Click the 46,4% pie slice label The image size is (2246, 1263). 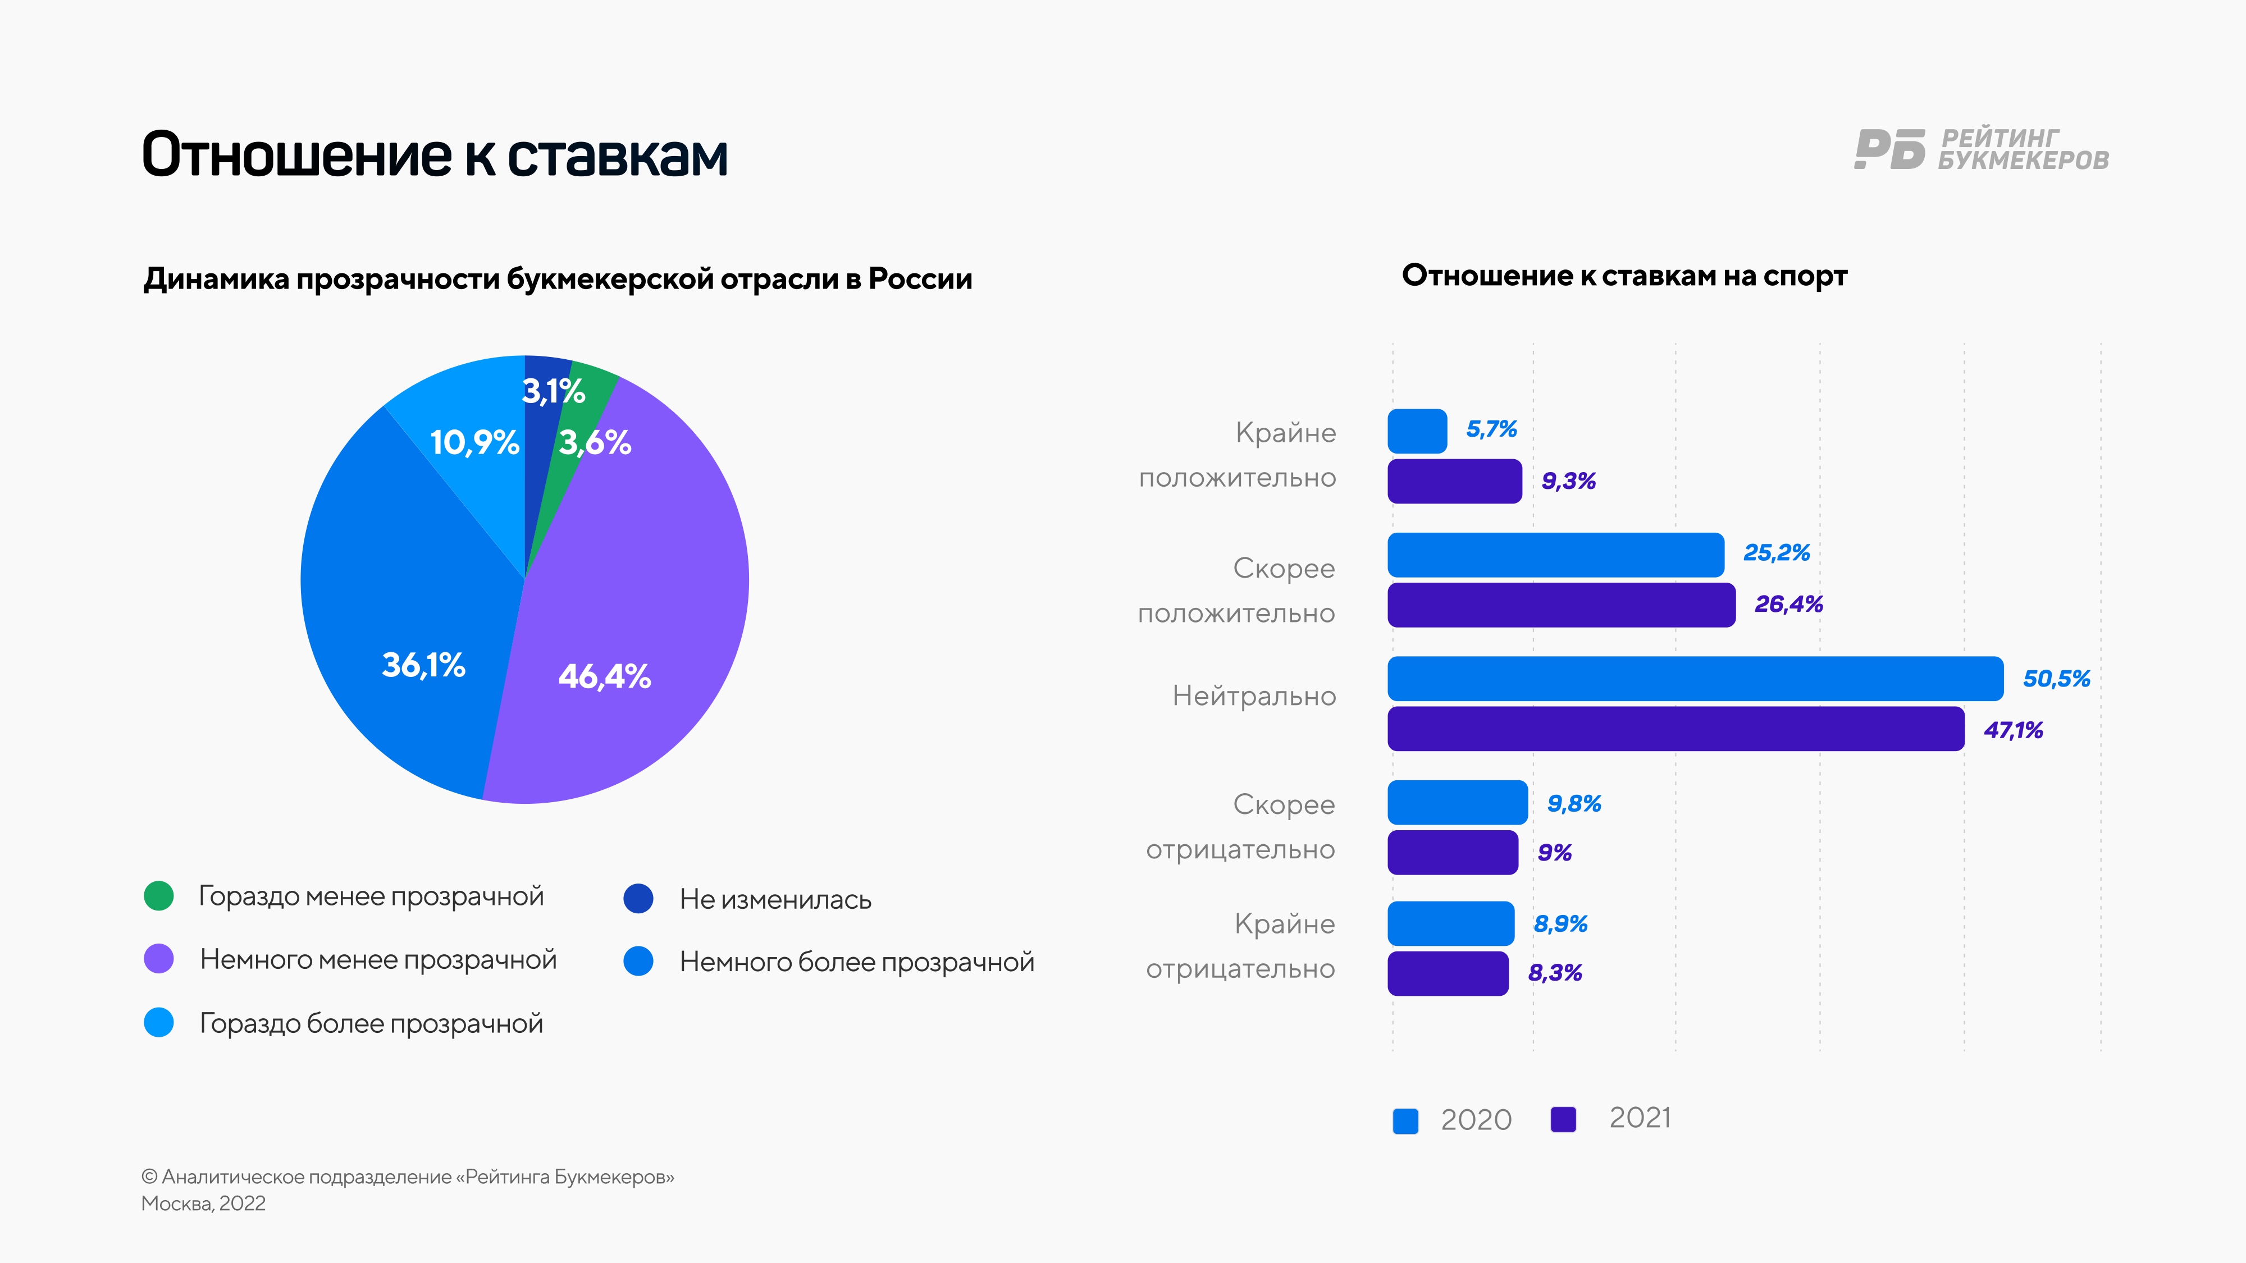[604, 676]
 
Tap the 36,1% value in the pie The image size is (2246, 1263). [424, 665]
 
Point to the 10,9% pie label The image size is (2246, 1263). [474, 443]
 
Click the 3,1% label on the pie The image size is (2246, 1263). [553, 391]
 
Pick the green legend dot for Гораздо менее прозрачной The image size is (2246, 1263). [159, 896]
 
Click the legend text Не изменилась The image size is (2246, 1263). [775, 899]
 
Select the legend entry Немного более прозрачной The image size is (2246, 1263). [856, 962]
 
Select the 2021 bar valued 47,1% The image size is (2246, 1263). [1675, 729]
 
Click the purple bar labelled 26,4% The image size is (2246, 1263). [1561, 605]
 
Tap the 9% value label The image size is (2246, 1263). [1554, 853]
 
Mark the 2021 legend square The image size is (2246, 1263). [1563, 1120]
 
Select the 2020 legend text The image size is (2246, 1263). [1475, 1120]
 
